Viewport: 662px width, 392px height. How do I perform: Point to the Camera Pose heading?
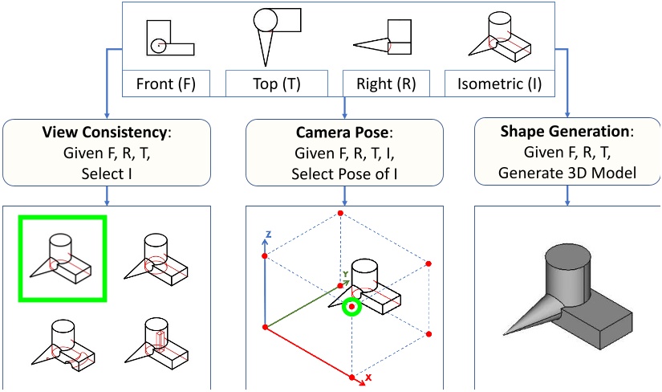tap(345, 132)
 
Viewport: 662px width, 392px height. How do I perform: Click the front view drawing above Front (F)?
tap(169, 38)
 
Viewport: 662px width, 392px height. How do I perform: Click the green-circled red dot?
tap(351, 306)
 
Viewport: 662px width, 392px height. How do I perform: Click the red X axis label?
tap(368, 377)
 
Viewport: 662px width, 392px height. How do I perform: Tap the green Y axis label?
tap(344, 272)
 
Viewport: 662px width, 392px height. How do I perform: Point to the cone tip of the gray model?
tap(506, 331)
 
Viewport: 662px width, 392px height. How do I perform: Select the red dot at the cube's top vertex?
tap(340, 214)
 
